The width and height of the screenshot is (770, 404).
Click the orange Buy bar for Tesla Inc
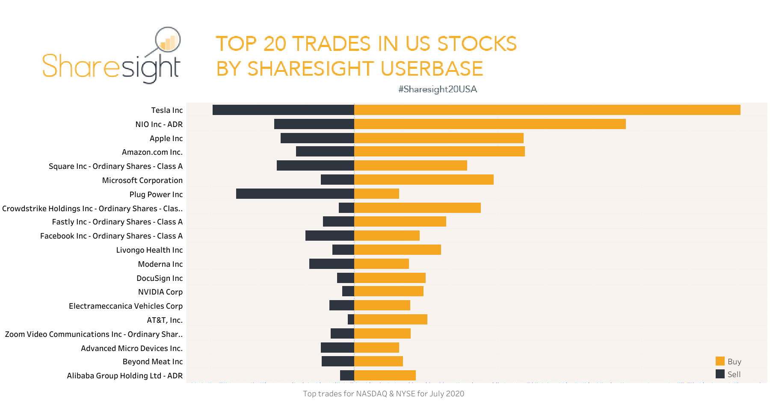[x=547, y=110]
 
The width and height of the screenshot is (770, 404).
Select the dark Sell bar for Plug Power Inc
[x=295, y=194]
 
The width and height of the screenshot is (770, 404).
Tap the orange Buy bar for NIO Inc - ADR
[x=490, y=124]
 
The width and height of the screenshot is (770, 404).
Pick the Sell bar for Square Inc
[x=315, y=165]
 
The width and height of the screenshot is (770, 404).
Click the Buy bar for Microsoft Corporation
[x=423, y=180]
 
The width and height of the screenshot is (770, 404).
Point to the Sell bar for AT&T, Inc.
[x=351, y=319]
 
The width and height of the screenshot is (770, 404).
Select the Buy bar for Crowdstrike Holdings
[x=417, y=208]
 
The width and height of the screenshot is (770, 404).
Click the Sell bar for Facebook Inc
[x=329, y=236]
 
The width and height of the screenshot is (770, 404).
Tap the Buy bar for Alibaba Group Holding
[x=385, y=375]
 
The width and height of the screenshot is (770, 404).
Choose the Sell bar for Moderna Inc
[x=332, y=264]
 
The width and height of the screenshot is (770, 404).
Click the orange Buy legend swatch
[x=720, y=361]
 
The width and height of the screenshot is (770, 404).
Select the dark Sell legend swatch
[x=720, y=374]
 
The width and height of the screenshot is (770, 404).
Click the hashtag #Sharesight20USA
[x=437, y=89]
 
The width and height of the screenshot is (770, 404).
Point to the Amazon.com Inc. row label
[x=152, y=152]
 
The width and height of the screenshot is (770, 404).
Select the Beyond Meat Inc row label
[x=152, y=362]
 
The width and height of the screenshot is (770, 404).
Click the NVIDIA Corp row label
[x=160, y=292]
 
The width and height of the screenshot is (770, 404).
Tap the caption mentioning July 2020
[x=383, y=394]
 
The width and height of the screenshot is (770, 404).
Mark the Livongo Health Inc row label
[x=149, y=250]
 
